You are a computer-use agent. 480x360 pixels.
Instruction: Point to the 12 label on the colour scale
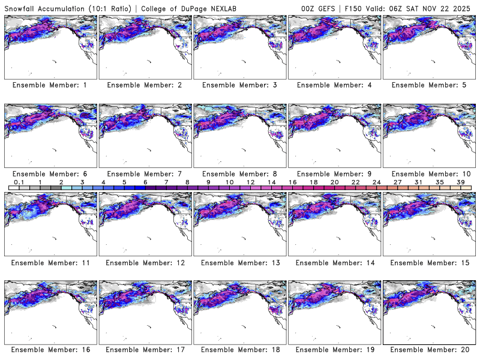(x=250, y=182)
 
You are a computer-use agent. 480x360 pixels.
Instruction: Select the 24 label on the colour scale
(x=377, y=182)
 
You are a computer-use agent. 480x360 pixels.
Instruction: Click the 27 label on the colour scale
(x=398, y=182)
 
